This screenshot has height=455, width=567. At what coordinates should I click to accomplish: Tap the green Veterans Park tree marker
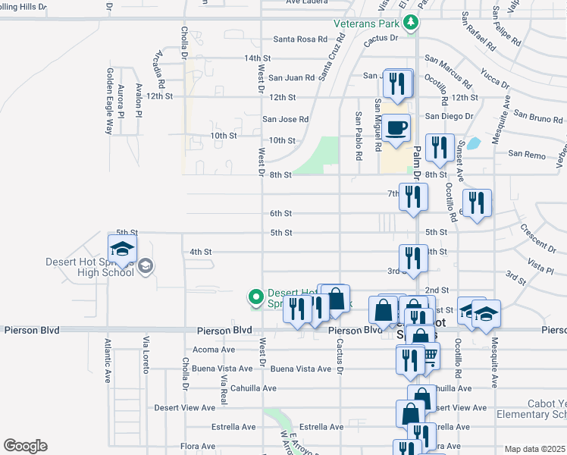click(410, 23)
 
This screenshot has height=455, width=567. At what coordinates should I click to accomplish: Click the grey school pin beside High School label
click(146, 265)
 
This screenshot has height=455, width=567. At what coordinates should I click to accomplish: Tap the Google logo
click(25, 446)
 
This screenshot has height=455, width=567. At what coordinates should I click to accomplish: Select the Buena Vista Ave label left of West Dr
click(222, 369)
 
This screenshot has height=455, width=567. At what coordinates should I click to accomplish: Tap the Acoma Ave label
click(214, 350)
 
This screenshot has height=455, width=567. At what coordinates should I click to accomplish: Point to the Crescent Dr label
click(537, 238)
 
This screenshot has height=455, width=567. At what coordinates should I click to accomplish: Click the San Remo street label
click(526, 154)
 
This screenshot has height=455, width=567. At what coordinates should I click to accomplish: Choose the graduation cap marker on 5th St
click(122, 248)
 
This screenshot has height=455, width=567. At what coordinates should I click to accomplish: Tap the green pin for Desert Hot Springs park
click(256, 297)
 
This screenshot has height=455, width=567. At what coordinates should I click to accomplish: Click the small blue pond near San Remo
click(474, 143)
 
